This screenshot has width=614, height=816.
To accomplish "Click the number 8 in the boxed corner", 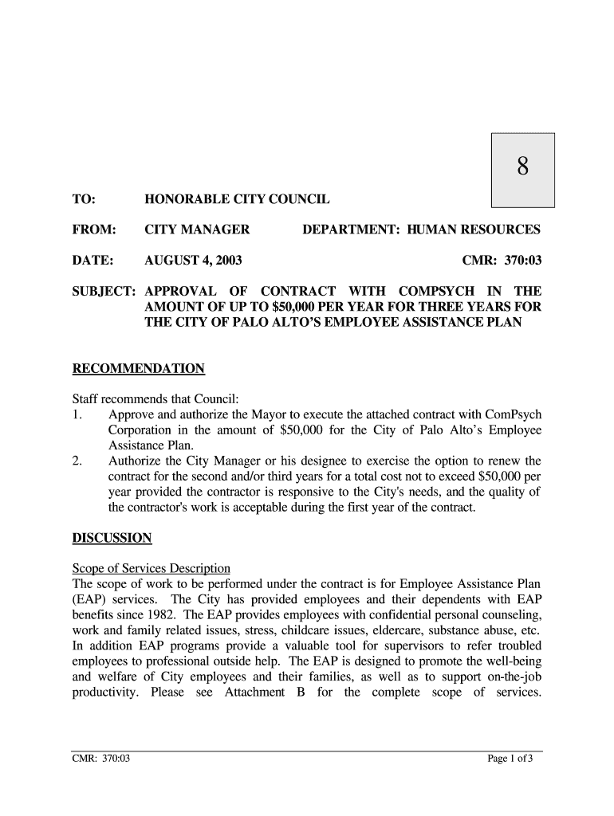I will (522, 167).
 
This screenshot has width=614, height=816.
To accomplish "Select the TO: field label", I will (83, 199).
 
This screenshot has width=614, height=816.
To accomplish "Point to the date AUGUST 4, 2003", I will (193, 261).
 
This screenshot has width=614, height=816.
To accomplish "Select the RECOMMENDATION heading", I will (139, 369).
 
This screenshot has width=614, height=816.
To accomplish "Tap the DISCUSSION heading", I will (112, 538).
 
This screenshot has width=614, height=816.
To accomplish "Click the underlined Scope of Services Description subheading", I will (151, 569).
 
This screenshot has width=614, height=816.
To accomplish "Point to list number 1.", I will (77, 415).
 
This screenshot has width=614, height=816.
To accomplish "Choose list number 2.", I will (77, 461).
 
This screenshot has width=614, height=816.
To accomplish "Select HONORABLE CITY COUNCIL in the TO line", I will (237, 199).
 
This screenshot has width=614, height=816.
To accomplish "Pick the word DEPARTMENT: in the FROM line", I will (351, 230).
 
